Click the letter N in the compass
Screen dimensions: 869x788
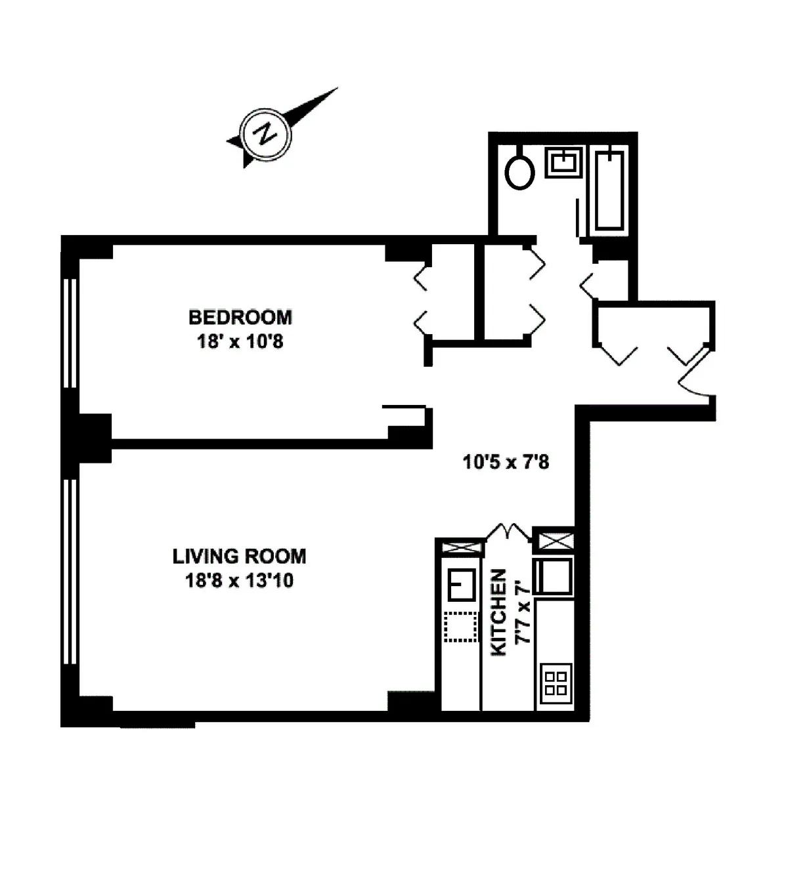pyautogui.click(x=265, y=134)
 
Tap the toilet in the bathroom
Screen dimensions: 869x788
pyautogui.click(x=519, y=172)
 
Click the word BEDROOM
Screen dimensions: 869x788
pyautogui.click(x=240, y=318)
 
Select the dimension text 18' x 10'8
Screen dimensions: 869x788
pyautogui.click(x=240, y=342)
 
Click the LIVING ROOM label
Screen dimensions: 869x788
pyautogui.click(x=239, y=557)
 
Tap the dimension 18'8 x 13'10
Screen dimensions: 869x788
pyautogui.click(x=239, y=581)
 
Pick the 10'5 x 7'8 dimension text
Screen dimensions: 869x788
pyautogui.click(x=506, y=462)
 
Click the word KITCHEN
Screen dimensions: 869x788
pyautogui.click(x=499, y=612)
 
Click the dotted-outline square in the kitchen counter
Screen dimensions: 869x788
pyautogui.click(x=461, y=627)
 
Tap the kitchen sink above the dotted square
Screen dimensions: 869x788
pyautogui.click(x=462, y=584)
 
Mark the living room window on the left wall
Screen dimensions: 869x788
pyautogui.click(x=70, y=571)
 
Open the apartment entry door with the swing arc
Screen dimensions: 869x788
pyautogui.click(x=695, y=375)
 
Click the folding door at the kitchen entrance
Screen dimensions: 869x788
pyautogui.click(x=508, y=531)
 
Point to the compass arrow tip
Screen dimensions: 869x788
pyautogui.click(x=336, y=89)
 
